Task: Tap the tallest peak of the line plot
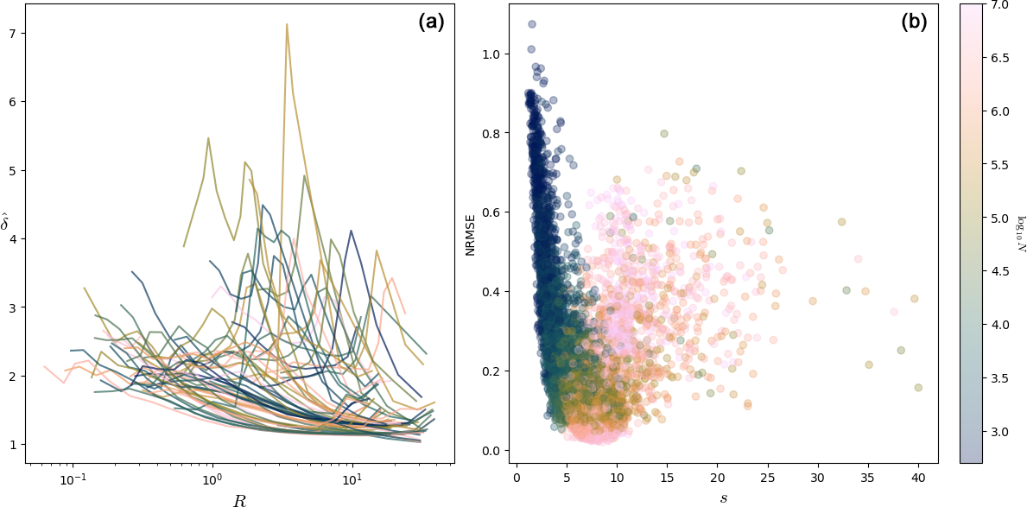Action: pyautogui.click(x=286, y=24)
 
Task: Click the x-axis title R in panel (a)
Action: pyautogui.click(x=239, y=500)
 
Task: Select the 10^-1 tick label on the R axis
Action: pyautogui.click(x=73, y=479)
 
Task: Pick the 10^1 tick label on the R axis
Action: pyautogui.click(x=352, y=479)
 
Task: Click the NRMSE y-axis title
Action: pyautogui.click(x=471, y=232)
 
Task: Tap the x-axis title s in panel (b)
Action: pyautogui.click(x=725, y=498)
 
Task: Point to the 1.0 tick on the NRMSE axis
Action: pyautogui.click(x=491, y=54)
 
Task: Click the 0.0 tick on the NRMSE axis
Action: pyautogui.click(x=491, y=451)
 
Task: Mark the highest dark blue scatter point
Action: pyautogui.click(x=532, y=24)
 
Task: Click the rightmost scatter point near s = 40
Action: pyautogui.click(x=918, y=387)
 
